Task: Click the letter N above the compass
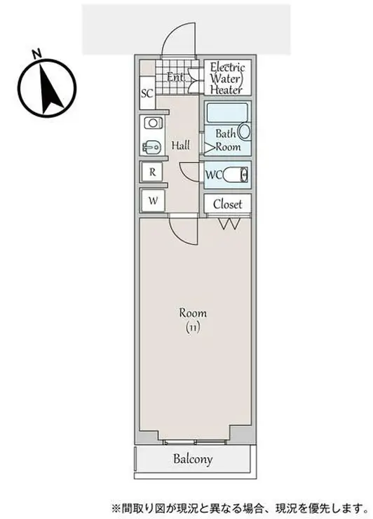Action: point(36,53)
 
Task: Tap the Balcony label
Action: point(193,459)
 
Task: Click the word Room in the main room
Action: point(193,313)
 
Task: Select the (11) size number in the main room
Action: point(192,328)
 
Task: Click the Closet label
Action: point(227,204)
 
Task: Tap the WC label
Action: point(213,175)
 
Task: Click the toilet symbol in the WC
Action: point(236,175)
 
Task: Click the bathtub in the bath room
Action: point(227,113)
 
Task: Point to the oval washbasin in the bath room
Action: point(245,132)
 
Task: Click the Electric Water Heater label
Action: point(227,78)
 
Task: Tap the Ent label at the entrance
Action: point(175,77)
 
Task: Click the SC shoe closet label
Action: point(147,93)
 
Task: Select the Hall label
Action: point(181,145)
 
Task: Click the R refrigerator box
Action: point(152,172)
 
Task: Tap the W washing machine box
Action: point(153,201)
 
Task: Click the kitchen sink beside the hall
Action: point(151,147)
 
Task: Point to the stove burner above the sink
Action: point(153,123)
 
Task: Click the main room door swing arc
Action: point(179,236)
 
